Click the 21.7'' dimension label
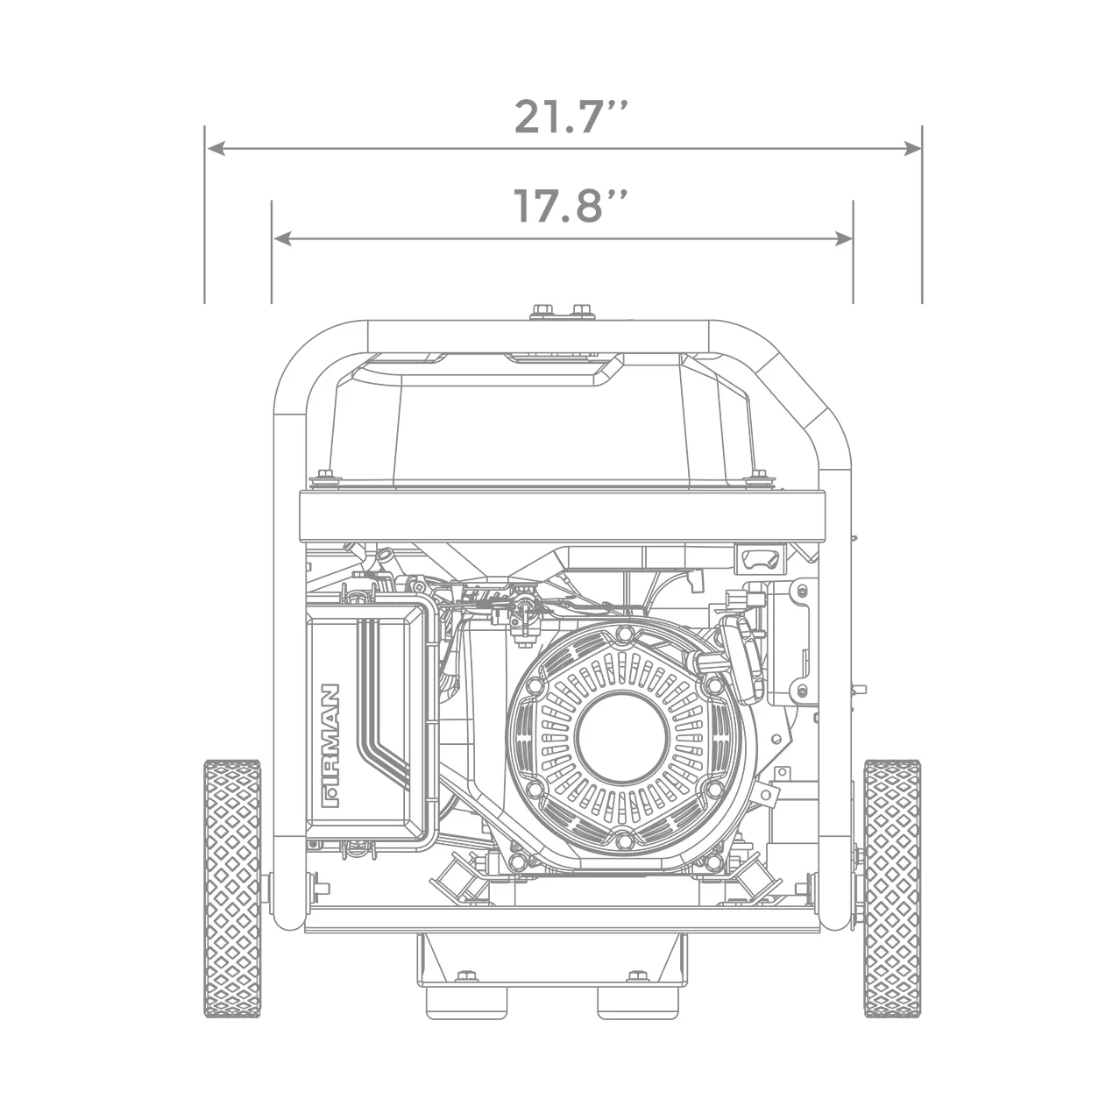tap(570, 117)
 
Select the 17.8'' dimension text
tap(570, 206)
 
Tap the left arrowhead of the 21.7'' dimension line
tap(213, 150)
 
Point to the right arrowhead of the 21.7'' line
tap(913, 150)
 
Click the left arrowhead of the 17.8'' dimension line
tap(280, 237)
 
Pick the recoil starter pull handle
tap(741, 657)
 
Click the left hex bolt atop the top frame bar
tap(542, 312)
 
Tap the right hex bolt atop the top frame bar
tap(581, 312)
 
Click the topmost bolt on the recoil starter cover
tap(623, 633)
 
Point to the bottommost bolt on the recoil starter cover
tap(623, 841)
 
